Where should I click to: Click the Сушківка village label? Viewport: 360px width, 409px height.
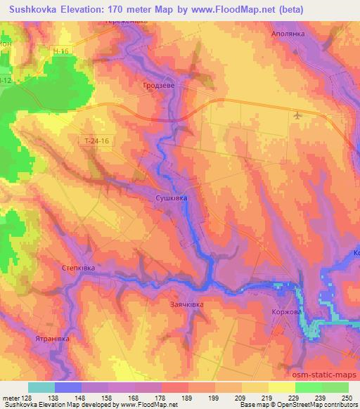[x=171, y=200]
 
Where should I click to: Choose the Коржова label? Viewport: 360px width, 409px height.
[x=286, y=312]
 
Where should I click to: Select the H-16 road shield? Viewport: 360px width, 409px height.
[x=63, y=51]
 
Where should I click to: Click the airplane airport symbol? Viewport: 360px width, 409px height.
[x=297, y=115]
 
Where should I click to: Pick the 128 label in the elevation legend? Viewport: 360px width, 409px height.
[x=26, y=397]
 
